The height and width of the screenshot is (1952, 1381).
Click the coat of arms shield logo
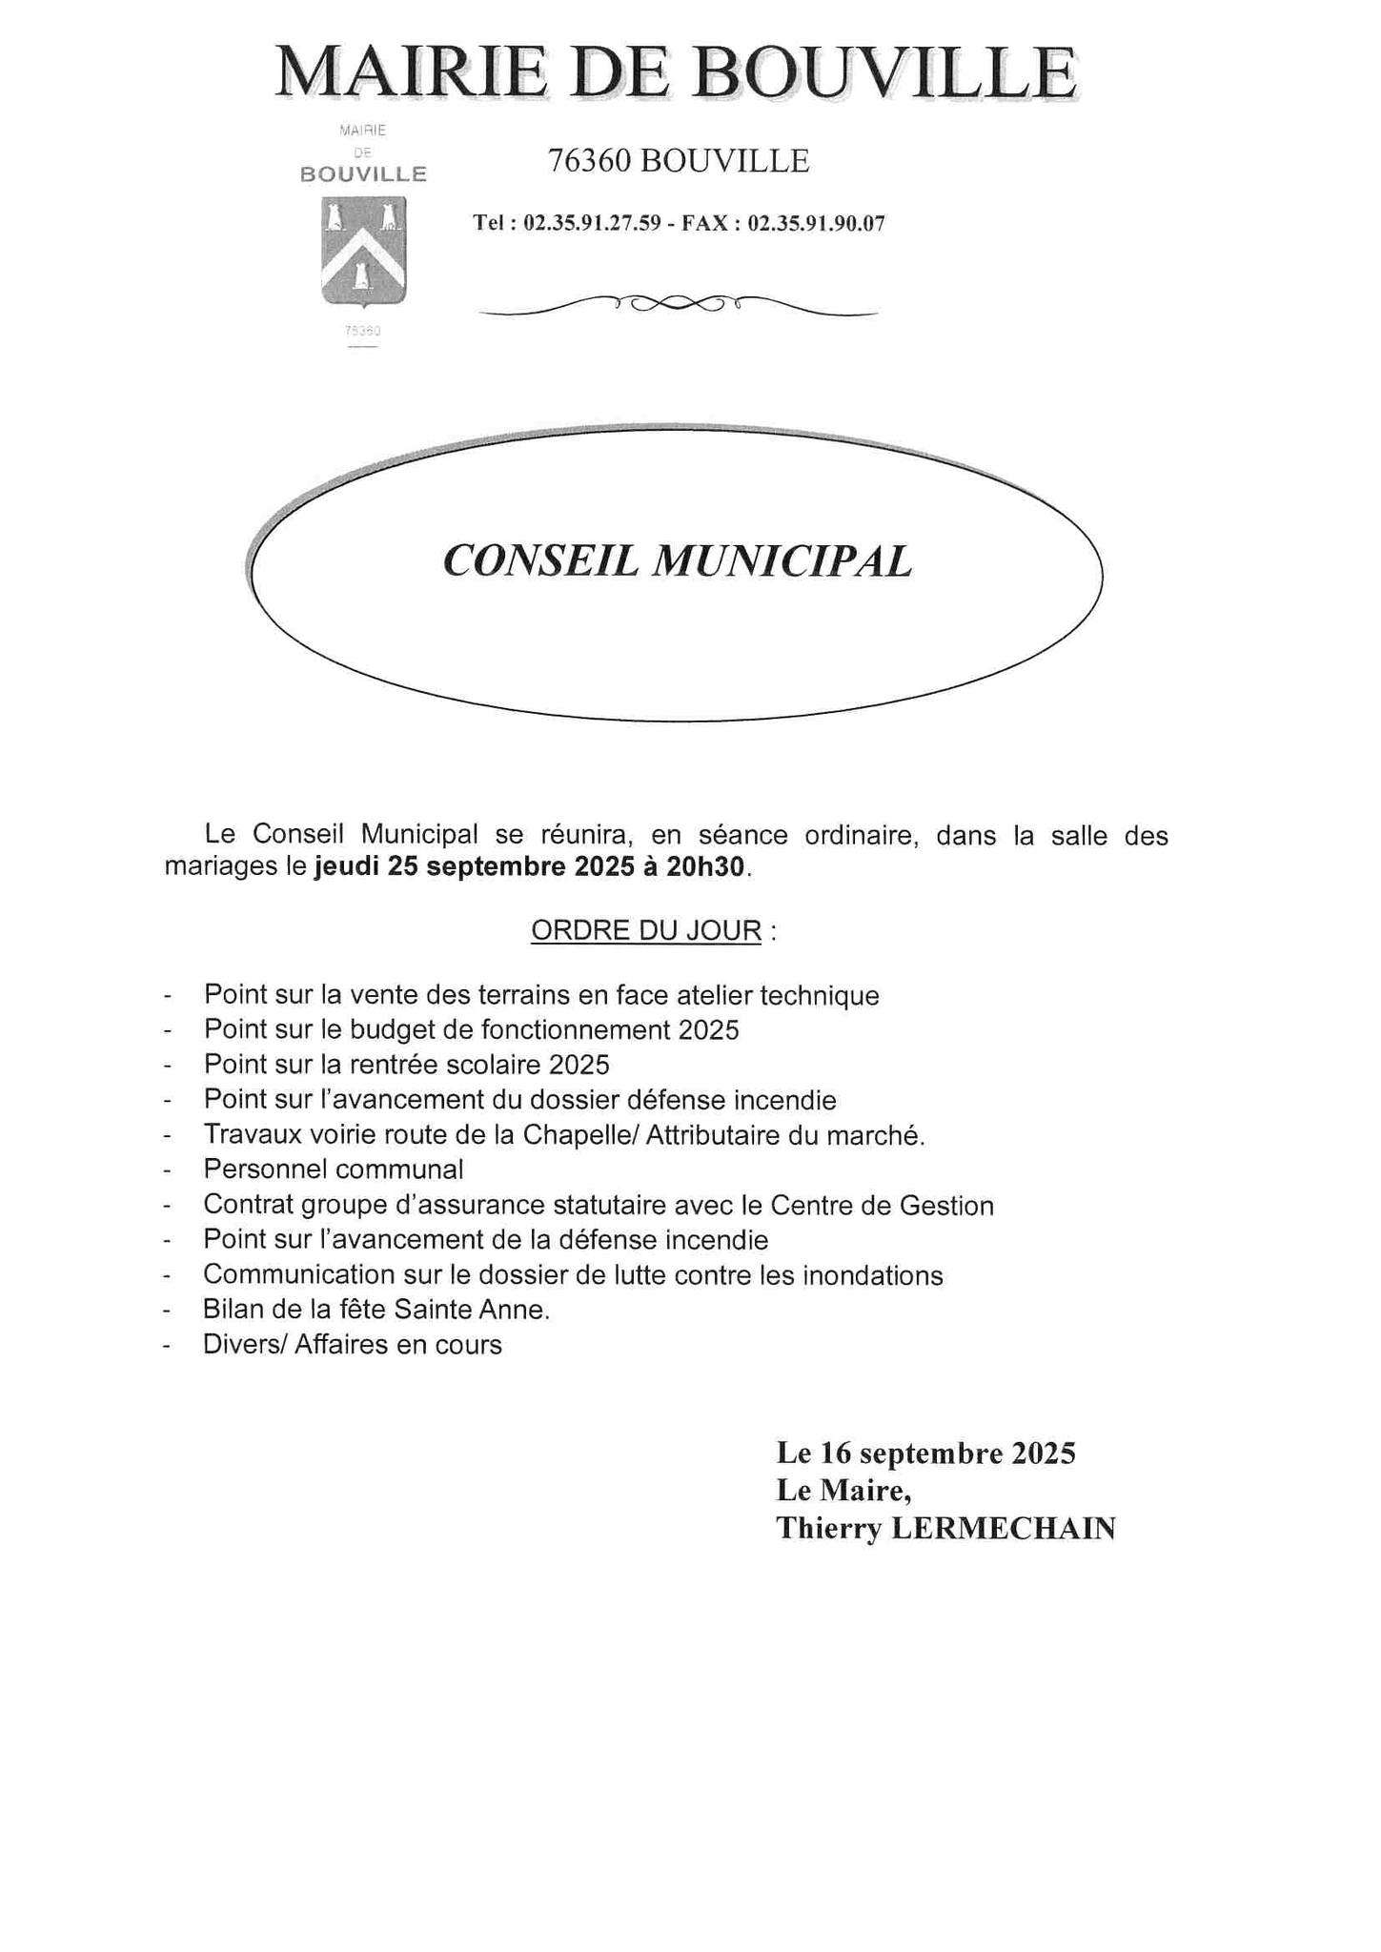point(363,250)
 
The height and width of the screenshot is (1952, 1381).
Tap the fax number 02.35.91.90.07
point(817,225)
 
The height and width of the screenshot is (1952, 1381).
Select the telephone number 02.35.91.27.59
point(592,225)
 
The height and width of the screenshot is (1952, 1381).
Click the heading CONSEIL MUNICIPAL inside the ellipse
point(678,560)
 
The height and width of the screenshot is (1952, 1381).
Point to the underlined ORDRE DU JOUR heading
point(646,931)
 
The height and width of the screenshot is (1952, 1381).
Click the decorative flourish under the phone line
point(678,304)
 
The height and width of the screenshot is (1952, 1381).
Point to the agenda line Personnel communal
point(334,1170)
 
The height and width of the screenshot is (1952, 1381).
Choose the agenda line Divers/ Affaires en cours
point(352,1346)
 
